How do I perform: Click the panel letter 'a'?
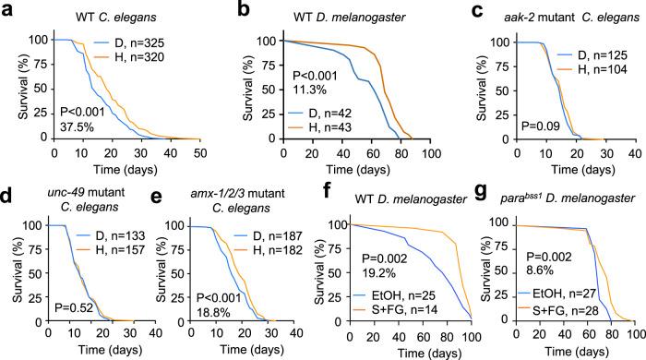pyautogui.click(x=8, y=8)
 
